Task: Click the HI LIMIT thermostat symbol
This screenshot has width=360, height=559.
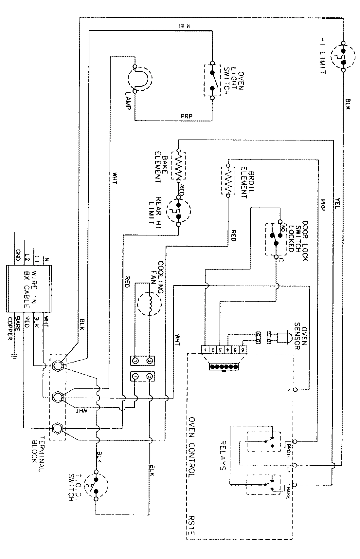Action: [343, 57]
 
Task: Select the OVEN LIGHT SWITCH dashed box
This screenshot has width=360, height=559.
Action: [212, 80]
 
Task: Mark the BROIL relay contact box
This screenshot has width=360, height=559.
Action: [263, 443]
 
